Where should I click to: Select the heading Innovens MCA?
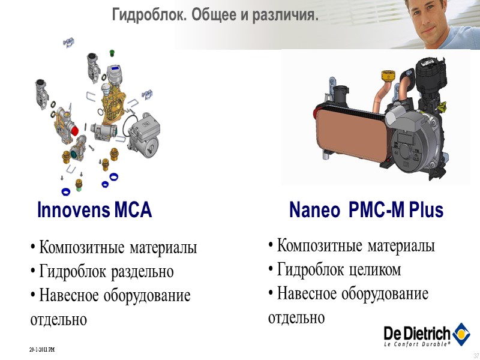(x=94, y=211)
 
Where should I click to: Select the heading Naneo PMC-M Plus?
(x=366, y=211)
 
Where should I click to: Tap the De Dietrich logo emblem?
(x=461, y=333)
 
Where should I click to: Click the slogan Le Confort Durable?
(x=417, y=345)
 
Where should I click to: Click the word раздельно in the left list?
(x=143, y=272)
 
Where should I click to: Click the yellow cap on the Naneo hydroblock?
(x=387, y=76)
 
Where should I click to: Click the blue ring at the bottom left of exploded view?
(x=66, y=191)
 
